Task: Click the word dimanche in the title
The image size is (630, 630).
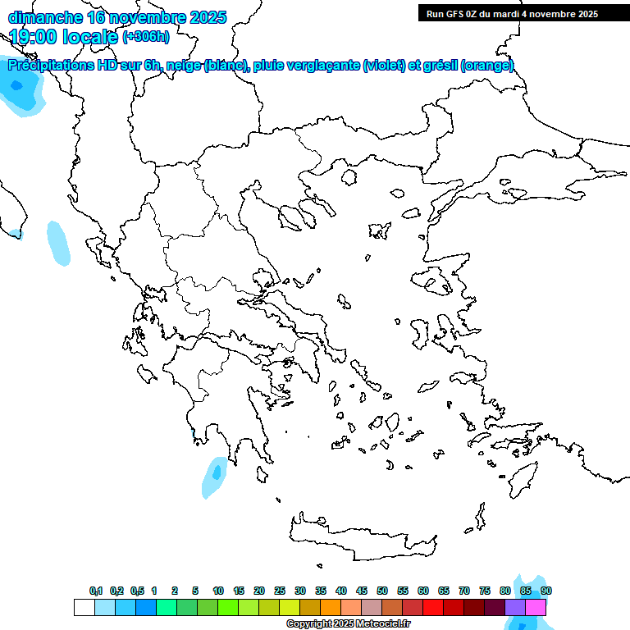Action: (45, 17)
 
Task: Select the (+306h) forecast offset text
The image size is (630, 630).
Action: (146, 37)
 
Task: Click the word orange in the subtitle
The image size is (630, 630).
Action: (489, 66)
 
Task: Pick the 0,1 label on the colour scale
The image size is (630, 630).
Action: (96, 591)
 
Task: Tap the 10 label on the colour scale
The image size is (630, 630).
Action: (217, 591)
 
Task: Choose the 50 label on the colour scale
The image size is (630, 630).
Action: (382, 591)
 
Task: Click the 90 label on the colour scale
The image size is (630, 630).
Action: (546, 591)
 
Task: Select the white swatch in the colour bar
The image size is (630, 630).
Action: (84, 607)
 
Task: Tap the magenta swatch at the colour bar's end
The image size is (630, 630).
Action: (536, 607)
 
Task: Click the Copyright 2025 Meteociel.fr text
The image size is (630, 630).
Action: (348, 624)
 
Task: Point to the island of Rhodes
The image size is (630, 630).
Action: (523, 479)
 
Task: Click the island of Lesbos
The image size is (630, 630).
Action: (435, 283)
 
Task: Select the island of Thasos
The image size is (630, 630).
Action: (349, 177)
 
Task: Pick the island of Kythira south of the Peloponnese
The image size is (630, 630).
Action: (262, 475)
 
